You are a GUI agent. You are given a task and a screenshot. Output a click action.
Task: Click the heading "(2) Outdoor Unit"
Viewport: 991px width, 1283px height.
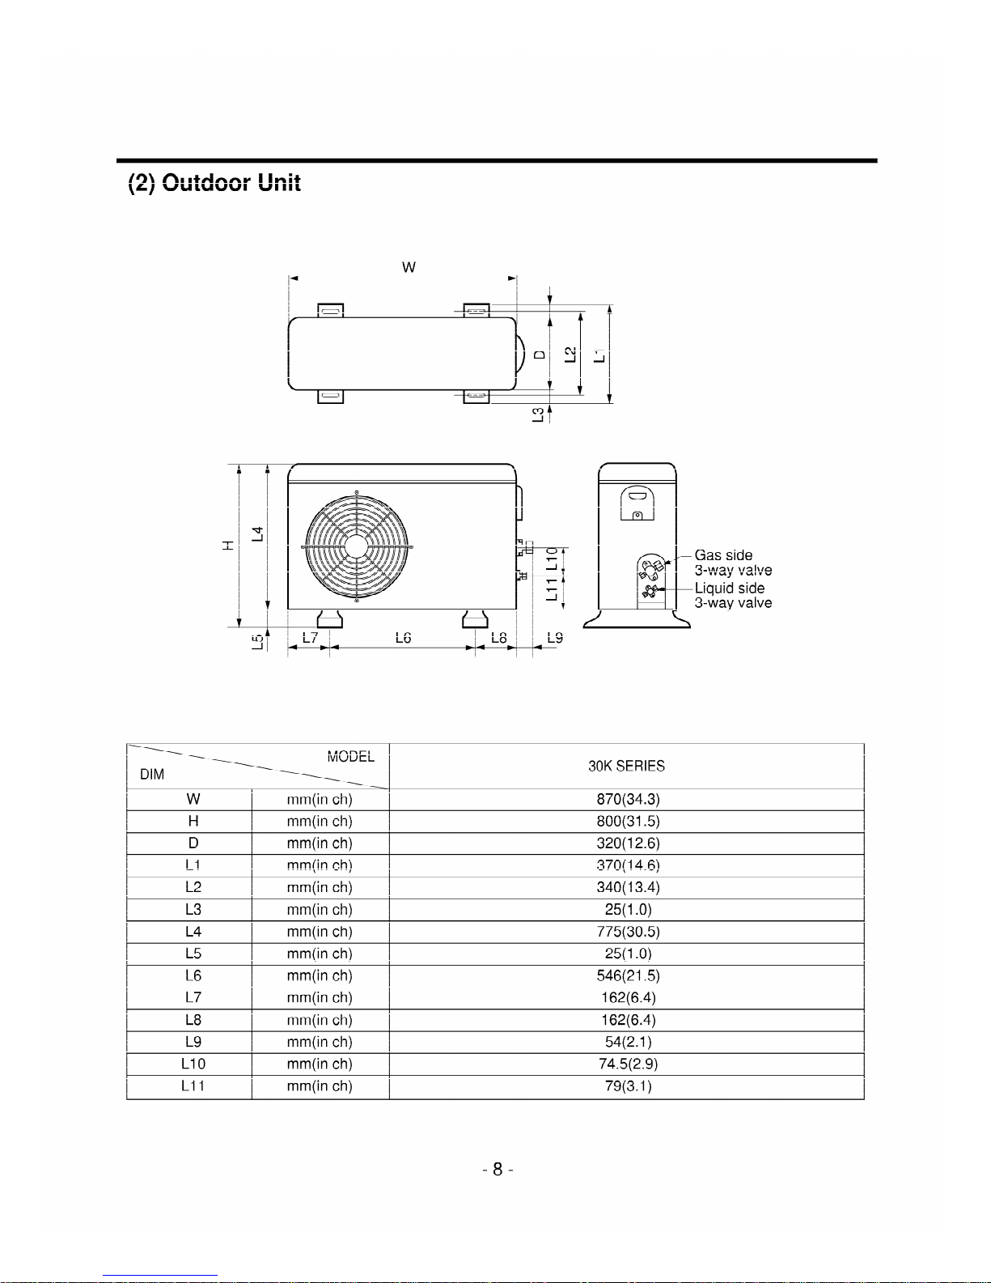[214, 183]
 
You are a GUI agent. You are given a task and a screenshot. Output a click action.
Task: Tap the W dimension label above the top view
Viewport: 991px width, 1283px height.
[409, 267]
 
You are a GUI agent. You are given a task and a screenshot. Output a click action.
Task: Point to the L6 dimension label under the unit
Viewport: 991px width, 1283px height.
[403, 638]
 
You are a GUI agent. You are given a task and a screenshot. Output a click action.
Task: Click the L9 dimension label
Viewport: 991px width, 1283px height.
[555, 638]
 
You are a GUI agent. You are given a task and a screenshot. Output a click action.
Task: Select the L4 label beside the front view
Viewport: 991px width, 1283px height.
[258, 534]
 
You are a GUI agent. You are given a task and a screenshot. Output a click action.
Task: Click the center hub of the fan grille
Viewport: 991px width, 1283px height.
[356, 546]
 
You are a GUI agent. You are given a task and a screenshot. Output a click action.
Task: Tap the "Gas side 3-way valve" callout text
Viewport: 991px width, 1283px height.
[733, 563]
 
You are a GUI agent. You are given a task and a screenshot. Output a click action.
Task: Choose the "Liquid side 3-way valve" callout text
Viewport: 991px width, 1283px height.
[733, 595]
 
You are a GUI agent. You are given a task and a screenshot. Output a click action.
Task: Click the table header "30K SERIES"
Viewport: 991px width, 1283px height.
[626, 766]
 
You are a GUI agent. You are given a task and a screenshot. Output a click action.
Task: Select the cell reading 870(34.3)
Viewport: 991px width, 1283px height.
[628, 799]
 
